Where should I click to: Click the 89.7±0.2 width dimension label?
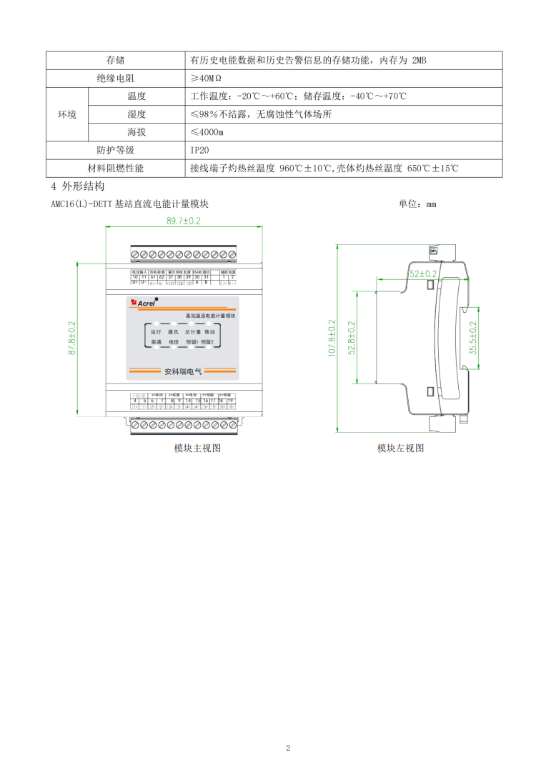click(x=184, y=221)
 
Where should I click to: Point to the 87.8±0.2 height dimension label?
click(x=72, y=339)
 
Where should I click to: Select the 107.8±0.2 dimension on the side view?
click(x=332, y=339)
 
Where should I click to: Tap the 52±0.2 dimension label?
click(x=423, y=274)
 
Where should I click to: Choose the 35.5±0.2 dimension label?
click(x=472, y=339)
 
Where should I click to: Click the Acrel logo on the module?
click(x=143, y=304)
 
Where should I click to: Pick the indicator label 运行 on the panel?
click(x=157, y=332)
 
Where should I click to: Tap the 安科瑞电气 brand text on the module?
click(x=184, y=371)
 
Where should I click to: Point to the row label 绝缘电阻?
click(x=116, y=78)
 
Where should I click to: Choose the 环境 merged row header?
click(x=67, y=114)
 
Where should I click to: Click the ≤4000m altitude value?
click(x=207, y=132)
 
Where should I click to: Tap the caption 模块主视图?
click(x=197, y=448)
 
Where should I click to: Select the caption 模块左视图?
click(x=401, y=448)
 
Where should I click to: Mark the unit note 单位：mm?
click(x=417, y=204)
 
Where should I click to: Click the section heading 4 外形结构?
click(x=78, y=187)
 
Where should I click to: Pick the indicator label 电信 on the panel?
click(x=174, y=343)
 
